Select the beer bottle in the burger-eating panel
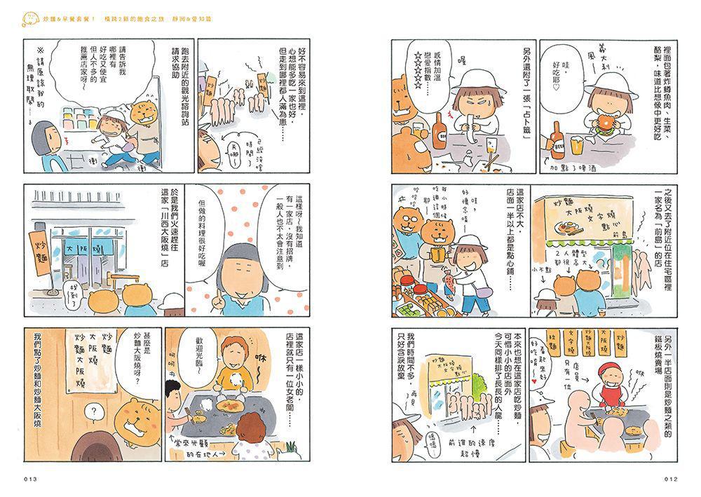pyautogui.click(x=559, y=138)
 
